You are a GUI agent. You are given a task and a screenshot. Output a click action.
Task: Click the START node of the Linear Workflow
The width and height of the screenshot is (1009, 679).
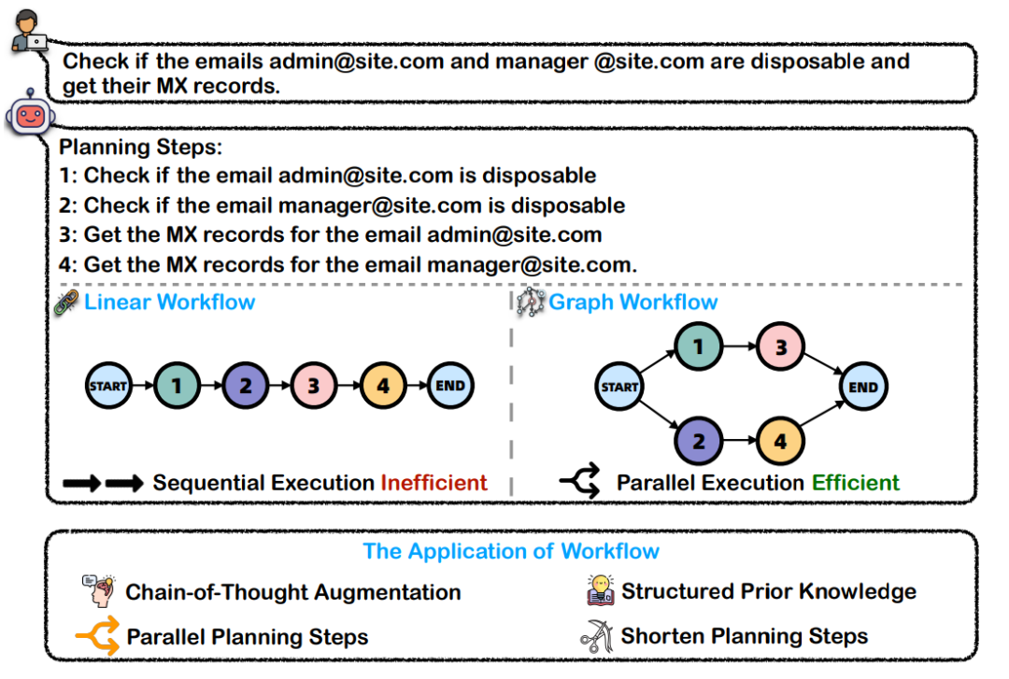tap(107, 385)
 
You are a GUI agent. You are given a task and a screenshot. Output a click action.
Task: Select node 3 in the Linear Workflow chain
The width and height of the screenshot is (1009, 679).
tap(313, 385)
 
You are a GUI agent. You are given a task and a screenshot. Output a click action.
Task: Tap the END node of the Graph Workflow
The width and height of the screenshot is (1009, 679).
tap(862, 387)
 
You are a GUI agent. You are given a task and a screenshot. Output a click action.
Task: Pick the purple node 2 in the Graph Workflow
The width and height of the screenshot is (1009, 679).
tap(698, 439)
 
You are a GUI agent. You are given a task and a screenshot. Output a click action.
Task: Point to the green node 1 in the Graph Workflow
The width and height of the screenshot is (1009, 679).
tap(698, 347)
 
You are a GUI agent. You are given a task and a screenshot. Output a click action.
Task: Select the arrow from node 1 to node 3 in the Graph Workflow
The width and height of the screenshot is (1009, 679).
tap(739, 347)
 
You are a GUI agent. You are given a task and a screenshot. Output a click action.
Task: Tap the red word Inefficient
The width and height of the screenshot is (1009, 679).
tap(433, 483)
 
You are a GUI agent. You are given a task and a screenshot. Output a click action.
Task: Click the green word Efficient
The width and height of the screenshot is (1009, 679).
tap(855, 483)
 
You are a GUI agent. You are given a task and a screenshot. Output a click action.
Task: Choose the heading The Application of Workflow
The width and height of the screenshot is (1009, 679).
tap(511, 551)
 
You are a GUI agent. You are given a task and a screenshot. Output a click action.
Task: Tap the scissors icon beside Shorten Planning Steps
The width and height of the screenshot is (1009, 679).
tap(596, 636)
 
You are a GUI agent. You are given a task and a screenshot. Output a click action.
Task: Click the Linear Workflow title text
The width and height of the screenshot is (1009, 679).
tap(169, 303)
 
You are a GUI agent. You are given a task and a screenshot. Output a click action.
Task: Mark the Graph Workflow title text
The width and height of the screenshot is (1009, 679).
tap(632, 303)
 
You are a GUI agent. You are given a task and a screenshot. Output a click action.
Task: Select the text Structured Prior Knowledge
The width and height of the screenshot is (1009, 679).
tap(768, 591)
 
